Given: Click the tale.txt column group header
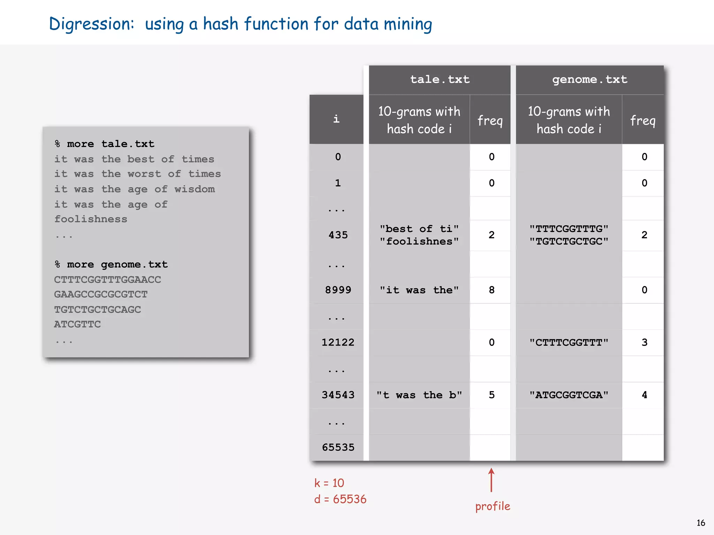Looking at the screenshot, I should (440, 80).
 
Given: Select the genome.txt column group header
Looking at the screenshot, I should (590, 80).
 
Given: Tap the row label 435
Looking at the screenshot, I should (338, 235).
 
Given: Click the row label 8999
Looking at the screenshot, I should (338, 290).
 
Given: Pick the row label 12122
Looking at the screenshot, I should (338, 342).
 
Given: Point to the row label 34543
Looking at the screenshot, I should (338, 395).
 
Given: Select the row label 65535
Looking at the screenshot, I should (338, 447).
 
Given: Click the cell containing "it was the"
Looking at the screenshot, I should (419, 290).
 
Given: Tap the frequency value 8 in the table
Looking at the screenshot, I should (491, 290).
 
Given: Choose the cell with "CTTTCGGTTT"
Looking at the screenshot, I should (569, 342).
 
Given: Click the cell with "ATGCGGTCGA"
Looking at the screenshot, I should (569, 395).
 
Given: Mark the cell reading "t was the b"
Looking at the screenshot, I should (419, 395).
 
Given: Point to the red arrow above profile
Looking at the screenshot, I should (491, 480).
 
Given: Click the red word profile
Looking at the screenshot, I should (493, 506).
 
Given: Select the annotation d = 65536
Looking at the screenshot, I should (340, 499).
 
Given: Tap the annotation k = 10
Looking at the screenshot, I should (329, 483).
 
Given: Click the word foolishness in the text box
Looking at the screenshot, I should (91, 219).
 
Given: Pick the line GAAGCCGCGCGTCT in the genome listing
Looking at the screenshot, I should (101, 294).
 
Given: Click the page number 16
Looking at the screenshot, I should (701, 523).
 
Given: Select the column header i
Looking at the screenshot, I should (336, 119).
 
